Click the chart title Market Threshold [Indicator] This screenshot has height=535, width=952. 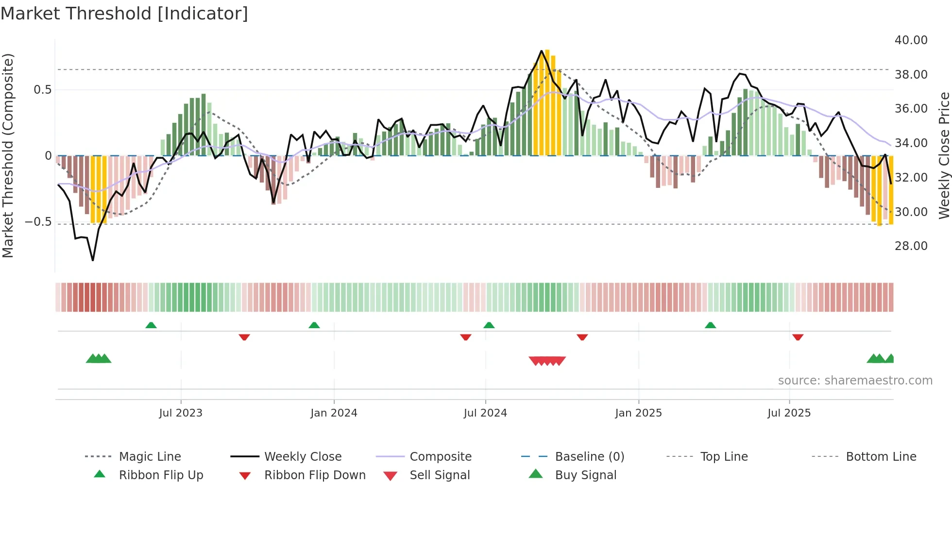point(124,14)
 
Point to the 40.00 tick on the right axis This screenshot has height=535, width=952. point(911,40)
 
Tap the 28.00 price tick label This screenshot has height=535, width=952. point(911,246)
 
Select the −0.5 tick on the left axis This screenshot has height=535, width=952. point(38,222)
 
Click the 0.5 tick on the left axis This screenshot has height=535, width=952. point(42,90)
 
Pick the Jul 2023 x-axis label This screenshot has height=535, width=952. point(181,413)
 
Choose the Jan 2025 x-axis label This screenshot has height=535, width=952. point(638,413)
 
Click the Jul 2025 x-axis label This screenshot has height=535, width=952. point(789,413)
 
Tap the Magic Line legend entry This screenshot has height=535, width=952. point(150,457)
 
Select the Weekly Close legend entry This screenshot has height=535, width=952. point(303,457)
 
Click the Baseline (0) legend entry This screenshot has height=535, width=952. point(589,457)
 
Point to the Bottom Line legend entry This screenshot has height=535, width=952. point(881,457)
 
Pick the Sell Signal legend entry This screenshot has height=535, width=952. point(440,475)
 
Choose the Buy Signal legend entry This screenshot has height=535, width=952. point(585,475)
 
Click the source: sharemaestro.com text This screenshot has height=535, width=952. point(855,381)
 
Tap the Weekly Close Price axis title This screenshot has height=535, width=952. point(944,155)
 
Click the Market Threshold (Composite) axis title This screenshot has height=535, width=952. point(8,155)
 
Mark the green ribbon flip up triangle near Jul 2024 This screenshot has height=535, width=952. point(489,325)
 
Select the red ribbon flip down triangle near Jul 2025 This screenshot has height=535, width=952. point(798,337)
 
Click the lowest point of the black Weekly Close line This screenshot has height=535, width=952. point(93,260)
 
